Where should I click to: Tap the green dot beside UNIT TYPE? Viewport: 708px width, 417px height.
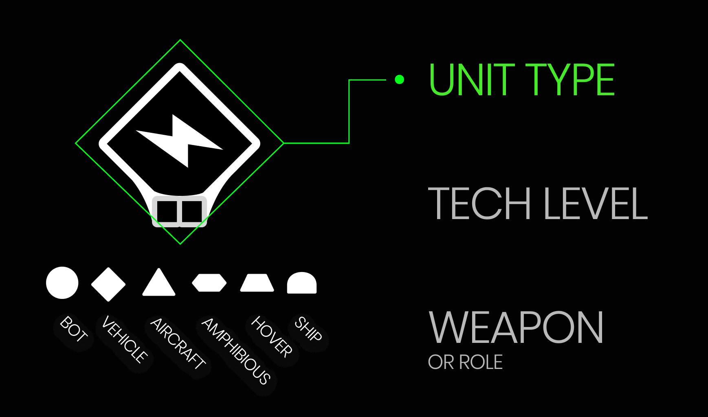pyautogui.click(x=399, y=79)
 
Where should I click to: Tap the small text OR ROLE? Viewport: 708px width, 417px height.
pyautogui.click(x=465, y=362)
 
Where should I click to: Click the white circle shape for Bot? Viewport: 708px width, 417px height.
pyautogui.click(x=62, y=283)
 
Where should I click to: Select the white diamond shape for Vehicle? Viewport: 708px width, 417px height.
pyautogui.click(x=108, y=284)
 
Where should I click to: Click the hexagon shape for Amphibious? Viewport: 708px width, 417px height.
pyautogui.click(x=209, y=283)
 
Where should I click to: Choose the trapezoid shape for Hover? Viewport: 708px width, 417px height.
pyautogui.click(x=257, y=283)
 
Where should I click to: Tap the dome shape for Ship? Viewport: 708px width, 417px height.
pyautogui.click(x=302, y=283)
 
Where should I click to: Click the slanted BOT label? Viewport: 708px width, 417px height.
pyautogui.click(x=74, y=329)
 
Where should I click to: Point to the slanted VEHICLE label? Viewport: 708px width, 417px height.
pyautogui.click(x=125, y=339)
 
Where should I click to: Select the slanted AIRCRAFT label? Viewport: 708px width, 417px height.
pyautogui.click(x=178, y=344)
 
